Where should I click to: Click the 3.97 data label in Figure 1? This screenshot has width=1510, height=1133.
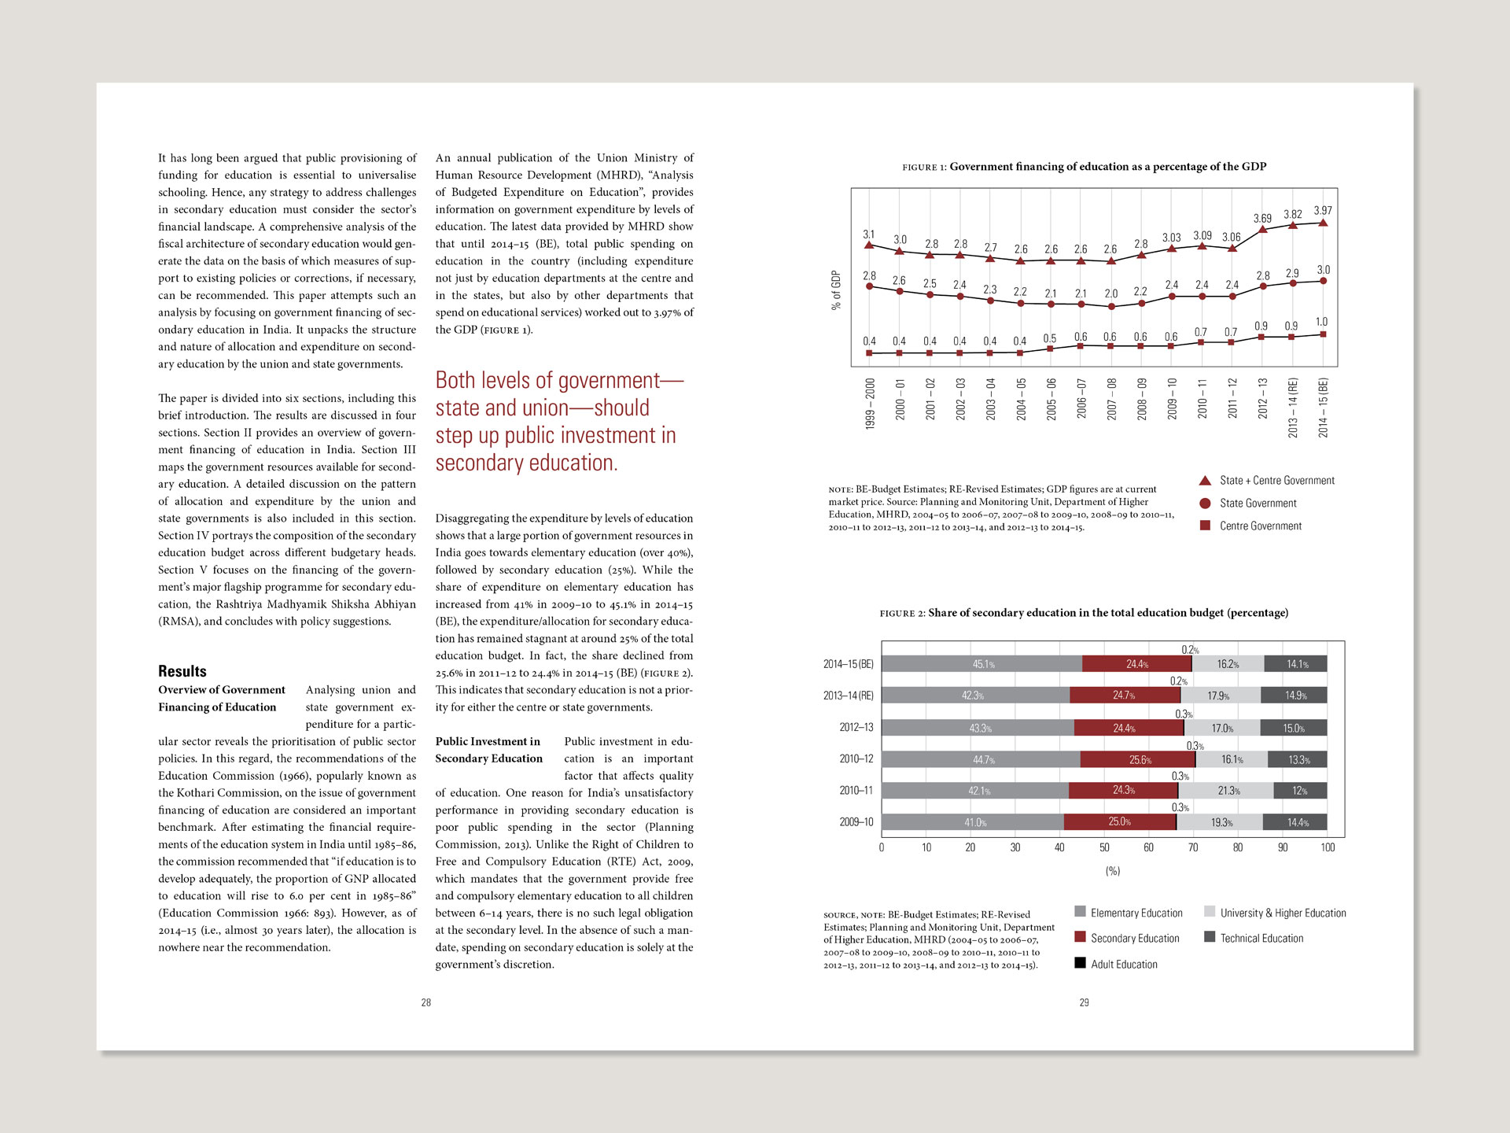[x=1323, y=211]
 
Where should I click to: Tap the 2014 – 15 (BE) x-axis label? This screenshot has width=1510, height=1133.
[x=1323, y=408]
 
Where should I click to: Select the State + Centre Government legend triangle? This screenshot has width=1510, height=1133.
[x=1205, y=480]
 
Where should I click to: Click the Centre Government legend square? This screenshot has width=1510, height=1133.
[x=1205, y=526]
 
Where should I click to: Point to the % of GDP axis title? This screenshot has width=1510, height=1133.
[x=836, y=290]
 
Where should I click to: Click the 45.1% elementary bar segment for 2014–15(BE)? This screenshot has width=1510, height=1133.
[x=982, y=664]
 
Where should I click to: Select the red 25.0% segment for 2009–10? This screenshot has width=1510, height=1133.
[x=1120, y=822]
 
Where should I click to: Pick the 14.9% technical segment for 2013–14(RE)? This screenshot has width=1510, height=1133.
[x=1295, y=696]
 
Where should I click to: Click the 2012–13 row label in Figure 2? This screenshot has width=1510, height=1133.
[x=856, y=728]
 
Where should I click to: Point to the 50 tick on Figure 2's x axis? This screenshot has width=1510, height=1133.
[x=1104, y=847]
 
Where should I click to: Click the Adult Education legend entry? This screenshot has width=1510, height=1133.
[x=1124, y=964]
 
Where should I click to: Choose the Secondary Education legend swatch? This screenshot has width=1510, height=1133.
[x=1081, y=937]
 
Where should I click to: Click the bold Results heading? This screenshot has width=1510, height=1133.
[x=182, y=671]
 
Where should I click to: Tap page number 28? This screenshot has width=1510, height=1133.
[x=425, y=1002]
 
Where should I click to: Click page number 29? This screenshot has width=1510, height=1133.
[x=1084, y=1002]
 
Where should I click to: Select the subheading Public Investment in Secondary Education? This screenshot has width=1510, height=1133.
[x=489, y=750]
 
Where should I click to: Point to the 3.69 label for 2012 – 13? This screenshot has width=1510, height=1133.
[x=1262, y=219]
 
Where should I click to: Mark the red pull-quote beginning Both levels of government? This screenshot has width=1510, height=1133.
[x=558, y=422]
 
